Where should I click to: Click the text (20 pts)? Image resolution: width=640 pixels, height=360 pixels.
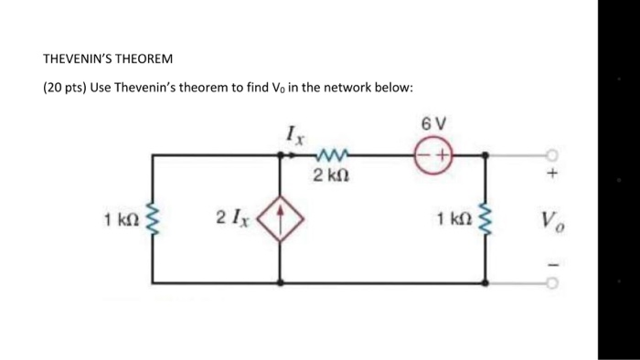click(63, 88)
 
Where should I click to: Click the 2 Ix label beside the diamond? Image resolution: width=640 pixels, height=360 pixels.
click(231, 218)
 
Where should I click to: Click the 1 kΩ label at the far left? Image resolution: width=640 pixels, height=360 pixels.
click(121, 219)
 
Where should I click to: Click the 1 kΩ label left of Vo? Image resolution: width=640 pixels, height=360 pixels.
click(453, 219)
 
